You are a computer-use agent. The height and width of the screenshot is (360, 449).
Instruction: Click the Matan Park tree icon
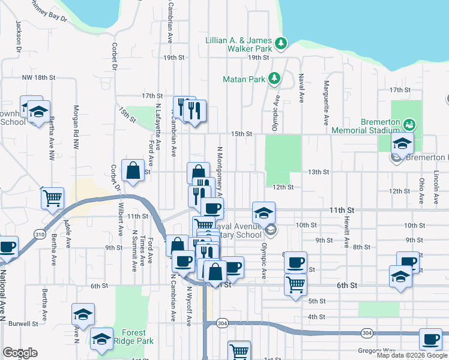(274, 78)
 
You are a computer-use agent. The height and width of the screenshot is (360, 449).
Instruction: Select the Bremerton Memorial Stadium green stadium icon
(409, 125)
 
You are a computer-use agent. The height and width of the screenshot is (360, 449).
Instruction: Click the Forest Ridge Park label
(137, 337)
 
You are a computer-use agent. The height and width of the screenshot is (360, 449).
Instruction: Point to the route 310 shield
(40, 233)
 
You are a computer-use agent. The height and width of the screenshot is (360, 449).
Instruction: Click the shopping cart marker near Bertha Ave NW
(53, 197)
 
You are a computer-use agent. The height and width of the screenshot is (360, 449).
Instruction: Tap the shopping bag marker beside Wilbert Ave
(133, 170)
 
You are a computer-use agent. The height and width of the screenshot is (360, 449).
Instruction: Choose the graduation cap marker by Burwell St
(83, 314)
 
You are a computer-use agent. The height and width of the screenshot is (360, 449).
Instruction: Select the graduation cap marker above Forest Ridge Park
(103, 339)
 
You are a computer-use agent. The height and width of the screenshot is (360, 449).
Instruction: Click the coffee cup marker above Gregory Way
(430, 339)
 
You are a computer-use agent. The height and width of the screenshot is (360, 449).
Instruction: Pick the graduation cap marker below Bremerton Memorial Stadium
(402, 143)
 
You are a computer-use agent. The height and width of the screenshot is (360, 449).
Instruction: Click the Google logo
(20, 353)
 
